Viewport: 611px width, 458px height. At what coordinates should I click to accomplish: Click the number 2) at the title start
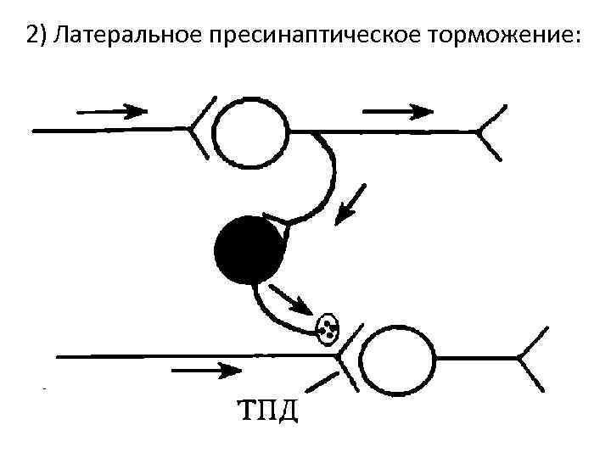pyautogui.click(x=37, y=36)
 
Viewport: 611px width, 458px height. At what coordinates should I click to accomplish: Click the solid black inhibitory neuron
pyautogui.click(x=249, y=249)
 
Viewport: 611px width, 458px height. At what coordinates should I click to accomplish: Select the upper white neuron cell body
pyautogui.click(x=250, y=132)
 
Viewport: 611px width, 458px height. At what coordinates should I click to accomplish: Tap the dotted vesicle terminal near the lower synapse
pyautogui.click(x=327, y=327)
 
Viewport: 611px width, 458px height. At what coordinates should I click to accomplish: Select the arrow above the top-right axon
pyautogui.click(x=398, y=110)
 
